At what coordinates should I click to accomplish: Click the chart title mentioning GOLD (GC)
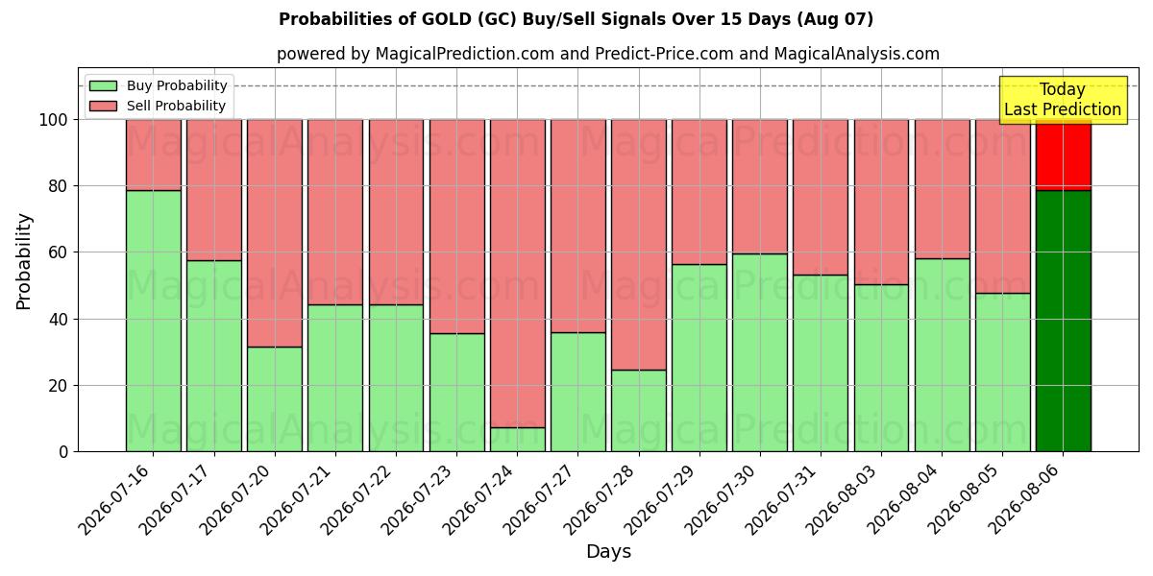pos(576,19)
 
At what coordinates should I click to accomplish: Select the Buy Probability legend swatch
pos(103,85)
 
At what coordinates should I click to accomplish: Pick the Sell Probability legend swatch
pos(103,106)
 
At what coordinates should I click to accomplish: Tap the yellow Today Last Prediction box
pos(1063,100)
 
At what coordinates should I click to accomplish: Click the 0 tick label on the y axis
pos(63,452)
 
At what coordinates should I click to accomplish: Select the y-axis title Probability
pos(24,261)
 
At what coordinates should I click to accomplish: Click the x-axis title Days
pos(608,551)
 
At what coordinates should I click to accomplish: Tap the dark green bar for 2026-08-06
pos(1064,321)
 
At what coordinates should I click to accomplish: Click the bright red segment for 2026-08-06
pos(1064,156)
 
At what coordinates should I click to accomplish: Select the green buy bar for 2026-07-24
pos(517,440)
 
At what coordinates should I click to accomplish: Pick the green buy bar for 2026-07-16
pos(154,321)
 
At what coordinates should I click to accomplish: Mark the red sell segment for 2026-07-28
pos(639,245)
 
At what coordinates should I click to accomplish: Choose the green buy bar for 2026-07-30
pos(760,353)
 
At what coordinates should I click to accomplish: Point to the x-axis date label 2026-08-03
pos(845,500)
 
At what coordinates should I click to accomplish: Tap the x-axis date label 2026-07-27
pos(541,500)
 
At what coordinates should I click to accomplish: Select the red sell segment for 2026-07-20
pos(275,233)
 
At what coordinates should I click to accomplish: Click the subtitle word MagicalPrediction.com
pos(465,54)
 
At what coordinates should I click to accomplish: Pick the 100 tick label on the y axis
pos(53,120)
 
